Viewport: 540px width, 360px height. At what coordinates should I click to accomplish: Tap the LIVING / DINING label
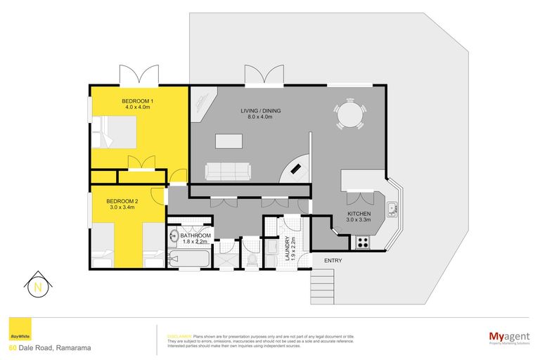coord(255,112)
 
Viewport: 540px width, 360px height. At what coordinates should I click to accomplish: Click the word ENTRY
coord(333,261)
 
